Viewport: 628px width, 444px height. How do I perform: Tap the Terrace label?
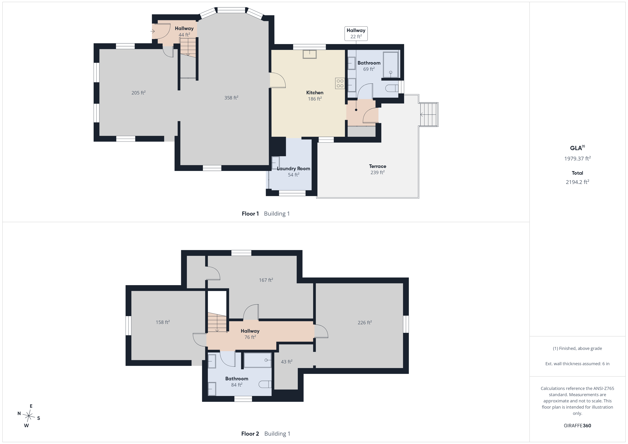coord(377,166)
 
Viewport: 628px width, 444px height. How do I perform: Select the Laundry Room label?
coord(294,169)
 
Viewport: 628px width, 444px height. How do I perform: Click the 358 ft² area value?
coord(231,98)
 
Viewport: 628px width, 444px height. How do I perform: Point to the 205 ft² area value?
coord(138,93)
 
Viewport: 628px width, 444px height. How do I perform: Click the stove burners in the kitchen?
coord(340,83)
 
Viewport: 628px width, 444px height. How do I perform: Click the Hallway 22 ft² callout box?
coord(356,33)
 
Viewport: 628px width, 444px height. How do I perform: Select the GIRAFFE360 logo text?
coord(577,426)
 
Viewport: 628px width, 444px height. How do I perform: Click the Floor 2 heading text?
coord(250,434)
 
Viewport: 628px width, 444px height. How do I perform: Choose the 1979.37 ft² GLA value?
coord(577,158)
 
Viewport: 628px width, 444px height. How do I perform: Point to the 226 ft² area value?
coord(365,323)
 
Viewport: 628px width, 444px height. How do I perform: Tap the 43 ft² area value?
coord(287,362)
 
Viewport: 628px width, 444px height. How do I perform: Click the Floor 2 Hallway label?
coord(250,331)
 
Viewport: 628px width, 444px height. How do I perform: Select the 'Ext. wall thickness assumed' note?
coord(577,364)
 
